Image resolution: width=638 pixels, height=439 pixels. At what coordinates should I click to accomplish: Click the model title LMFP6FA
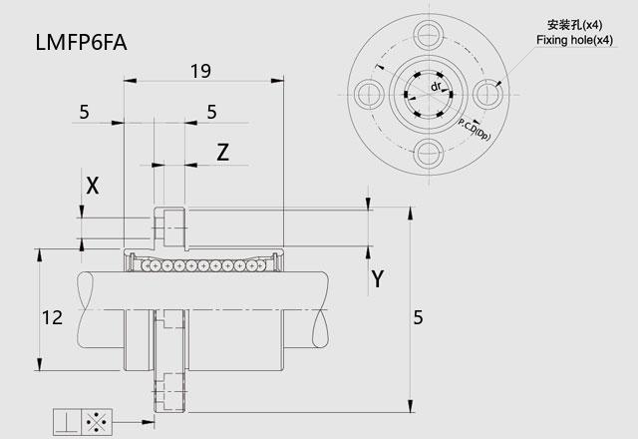82,42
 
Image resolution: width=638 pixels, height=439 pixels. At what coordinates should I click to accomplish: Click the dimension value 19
200,71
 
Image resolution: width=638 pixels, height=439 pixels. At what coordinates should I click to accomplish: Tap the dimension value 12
52,317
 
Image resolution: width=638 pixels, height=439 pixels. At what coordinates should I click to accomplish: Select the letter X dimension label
93,186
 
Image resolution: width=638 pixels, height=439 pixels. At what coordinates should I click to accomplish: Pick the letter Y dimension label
378,279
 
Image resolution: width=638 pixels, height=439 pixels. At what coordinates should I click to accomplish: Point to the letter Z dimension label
222,153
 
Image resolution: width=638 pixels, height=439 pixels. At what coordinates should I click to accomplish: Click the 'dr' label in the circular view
436,87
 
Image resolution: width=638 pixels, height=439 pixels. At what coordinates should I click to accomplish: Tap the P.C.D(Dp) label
475,129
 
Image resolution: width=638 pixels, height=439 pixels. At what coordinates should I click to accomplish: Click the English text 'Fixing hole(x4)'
574,40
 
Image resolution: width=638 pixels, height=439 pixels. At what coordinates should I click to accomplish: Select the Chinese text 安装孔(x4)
574,25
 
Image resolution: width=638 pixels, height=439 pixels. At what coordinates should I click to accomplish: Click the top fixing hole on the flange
429,35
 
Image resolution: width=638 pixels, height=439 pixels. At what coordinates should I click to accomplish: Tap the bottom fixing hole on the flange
429,154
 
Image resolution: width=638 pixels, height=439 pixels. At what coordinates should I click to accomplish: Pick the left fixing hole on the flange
370,95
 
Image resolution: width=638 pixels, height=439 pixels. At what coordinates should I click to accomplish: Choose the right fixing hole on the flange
488,95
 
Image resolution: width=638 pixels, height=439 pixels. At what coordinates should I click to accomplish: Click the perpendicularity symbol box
68,422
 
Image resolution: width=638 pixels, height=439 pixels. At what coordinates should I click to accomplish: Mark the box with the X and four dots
97,422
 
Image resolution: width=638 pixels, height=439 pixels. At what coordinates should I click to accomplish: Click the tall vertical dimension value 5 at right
419,317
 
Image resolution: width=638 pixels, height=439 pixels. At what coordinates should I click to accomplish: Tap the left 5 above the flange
84,112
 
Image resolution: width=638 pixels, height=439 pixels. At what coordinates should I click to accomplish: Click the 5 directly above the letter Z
211,112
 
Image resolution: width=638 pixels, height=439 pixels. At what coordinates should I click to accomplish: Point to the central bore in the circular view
429,95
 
